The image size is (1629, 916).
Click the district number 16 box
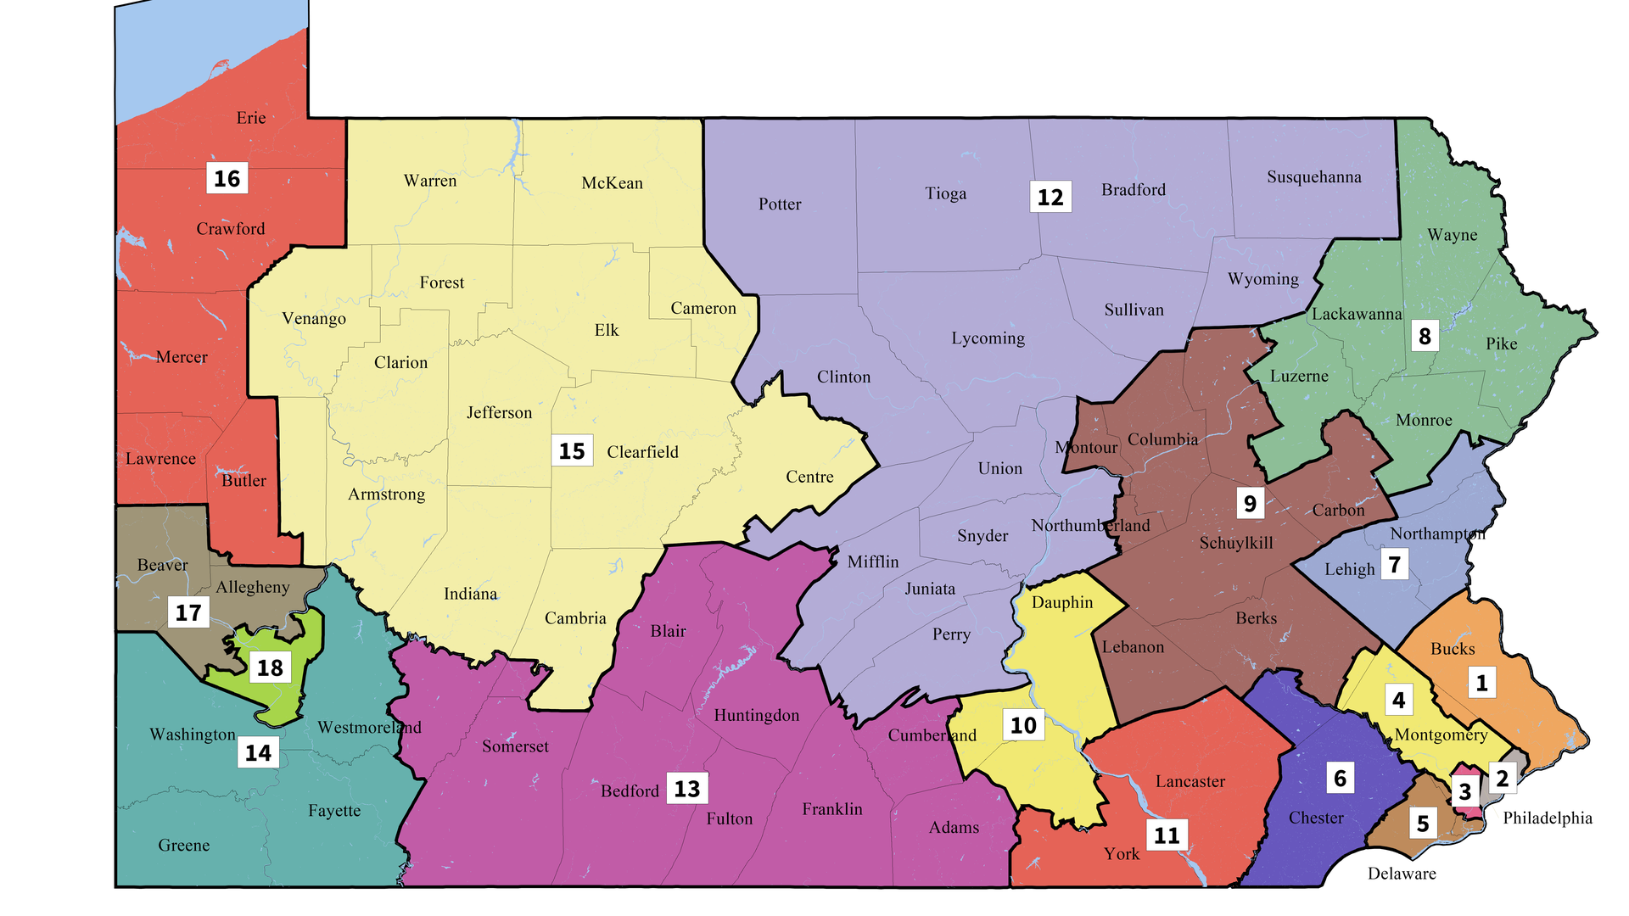(227, 178)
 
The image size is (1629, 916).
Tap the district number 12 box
(1050, 197)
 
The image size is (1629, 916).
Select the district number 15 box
(572, 450)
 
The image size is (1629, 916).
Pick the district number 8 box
(1425, 336)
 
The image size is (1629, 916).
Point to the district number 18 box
(270, 667)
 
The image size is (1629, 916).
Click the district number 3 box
(1464, 792)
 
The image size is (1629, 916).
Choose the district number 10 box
(1023, 724)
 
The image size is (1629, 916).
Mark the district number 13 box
(686, 788)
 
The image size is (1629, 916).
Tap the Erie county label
(251, 118)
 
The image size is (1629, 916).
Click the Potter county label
(780, 204)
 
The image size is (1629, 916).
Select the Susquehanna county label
(1313, 176)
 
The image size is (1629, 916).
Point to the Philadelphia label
(1548, 818)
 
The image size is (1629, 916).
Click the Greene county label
(183, 845)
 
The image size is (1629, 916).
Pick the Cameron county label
(703, 308)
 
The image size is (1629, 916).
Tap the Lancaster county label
(1190, 781)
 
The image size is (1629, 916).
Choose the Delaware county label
(1402, 874)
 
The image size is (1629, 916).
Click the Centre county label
(809, 477)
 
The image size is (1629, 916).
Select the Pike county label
(1501, 343)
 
